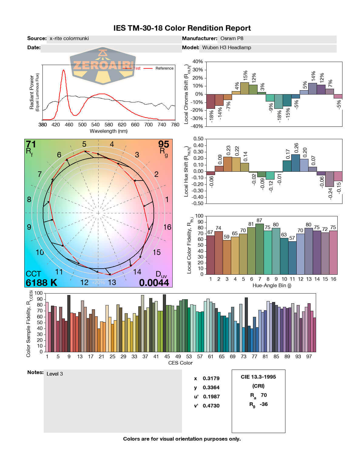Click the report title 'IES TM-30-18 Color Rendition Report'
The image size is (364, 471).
point(182,28)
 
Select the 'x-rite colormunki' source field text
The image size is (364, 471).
point(69,38)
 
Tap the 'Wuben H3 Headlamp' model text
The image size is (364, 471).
point(227,47)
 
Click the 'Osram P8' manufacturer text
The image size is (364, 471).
point(232,38)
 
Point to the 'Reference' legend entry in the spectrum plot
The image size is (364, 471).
point(164,68)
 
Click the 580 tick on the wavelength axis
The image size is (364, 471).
point(109,125)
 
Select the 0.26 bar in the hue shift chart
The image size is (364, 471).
point(295,163)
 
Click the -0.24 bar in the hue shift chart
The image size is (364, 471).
point(329,179)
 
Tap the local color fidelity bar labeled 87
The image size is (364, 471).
point(260,249)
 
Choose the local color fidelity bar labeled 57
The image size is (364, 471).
point(292,258)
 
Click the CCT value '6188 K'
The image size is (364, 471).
point(41,283)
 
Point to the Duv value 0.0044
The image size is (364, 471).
point(154,283)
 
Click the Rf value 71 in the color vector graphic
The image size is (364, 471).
point(31,144)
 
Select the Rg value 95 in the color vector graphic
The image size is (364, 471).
point(163,144)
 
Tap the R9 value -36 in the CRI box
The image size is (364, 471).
point(264,404)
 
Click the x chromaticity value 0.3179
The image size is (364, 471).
point(211,378)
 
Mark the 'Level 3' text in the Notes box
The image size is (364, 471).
point(55,374)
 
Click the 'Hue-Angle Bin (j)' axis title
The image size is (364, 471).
point(272,285)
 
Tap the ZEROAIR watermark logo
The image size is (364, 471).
point(103,65)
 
